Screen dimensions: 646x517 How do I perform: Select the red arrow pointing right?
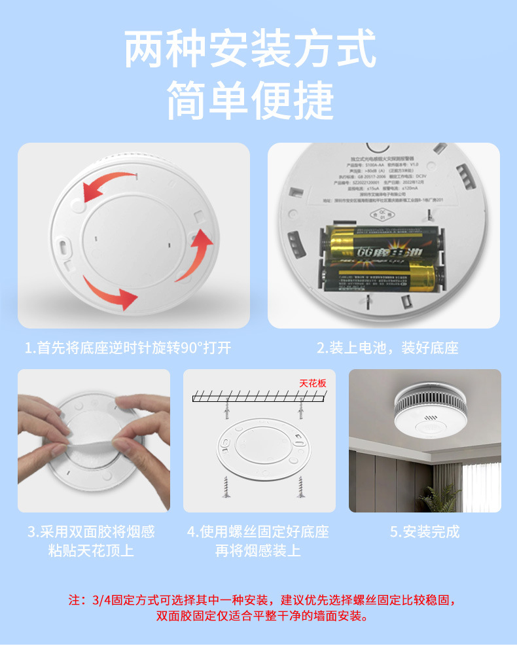(111, 293)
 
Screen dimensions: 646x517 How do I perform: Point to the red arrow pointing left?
(108, 183)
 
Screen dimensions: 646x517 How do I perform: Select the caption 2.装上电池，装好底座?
(387, 348)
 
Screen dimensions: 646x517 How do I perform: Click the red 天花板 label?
(312, 383)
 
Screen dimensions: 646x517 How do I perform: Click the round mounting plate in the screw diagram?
(259, 451)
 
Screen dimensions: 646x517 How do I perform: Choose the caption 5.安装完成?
(425, 531)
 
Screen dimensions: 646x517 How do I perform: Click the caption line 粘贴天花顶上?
(91, 550)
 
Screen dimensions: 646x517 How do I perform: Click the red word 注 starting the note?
(75, 600)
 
